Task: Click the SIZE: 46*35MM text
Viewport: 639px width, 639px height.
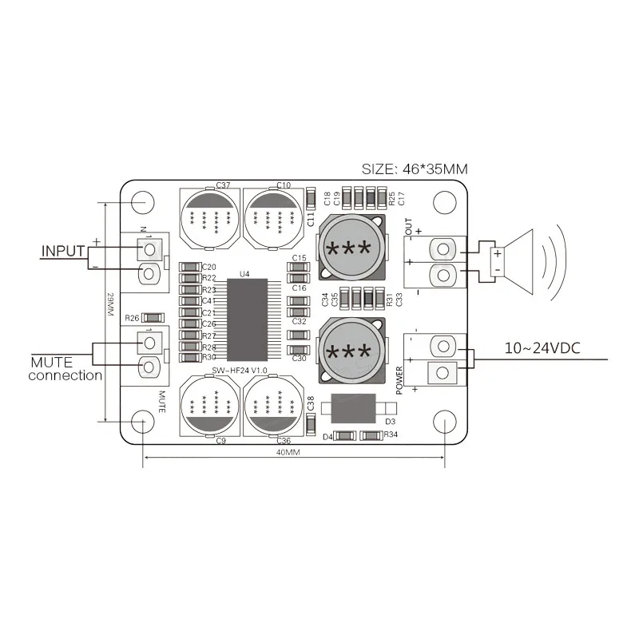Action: (415, 169)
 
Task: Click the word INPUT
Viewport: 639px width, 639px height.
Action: (62, 251)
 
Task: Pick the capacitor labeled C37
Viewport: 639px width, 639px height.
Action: (208, 216)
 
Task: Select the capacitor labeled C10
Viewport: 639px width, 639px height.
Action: (272, 216)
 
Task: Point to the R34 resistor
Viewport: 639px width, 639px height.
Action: (371, 436)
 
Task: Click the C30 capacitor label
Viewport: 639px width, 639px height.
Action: (299, 359)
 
